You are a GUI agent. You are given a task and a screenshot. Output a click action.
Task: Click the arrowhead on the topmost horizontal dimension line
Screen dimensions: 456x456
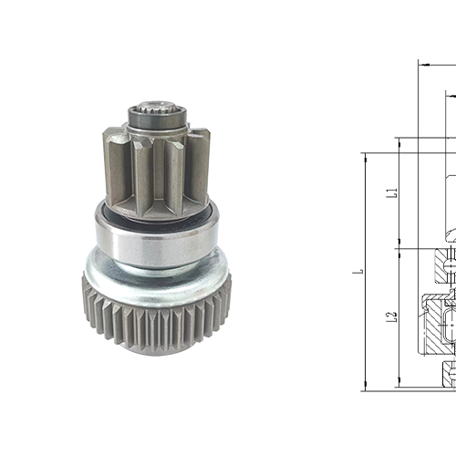pyautogui.click(x=422, y=64)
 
